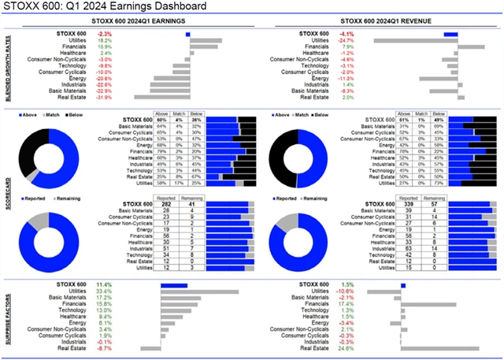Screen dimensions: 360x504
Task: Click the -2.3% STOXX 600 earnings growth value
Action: (103, 34)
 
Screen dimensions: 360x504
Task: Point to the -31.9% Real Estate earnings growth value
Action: (104, 97)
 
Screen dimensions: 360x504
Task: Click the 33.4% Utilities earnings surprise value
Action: (103, 291)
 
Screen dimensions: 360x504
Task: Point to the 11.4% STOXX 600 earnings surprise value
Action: (103, 285)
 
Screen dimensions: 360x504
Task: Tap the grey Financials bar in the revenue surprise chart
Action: (428, 304)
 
